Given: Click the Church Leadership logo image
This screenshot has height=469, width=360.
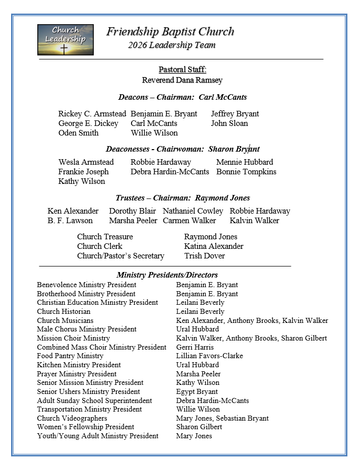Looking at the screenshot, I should pos(66,39).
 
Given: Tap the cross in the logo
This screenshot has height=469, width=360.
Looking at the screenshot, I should pos(64,49).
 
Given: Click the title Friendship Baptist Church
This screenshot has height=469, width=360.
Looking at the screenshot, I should pos(170,32).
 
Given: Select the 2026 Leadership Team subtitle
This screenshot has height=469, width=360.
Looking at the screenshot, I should pos(171,45).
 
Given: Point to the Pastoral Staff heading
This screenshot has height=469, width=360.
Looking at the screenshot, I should pos(182,70).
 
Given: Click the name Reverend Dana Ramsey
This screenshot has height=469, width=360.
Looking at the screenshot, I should pos(182,80).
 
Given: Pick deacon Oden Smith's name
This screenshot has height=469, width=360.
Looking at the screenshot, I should pos(78,133).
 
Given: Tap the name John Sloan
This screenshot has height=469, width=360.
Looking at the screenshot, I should pos(229,123).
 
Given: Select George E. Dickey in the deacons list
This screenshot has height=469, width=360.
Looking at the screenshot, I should pos(88,123).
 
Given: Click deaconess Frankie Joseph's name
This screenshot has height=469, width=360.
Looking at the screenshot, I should pos(83,172).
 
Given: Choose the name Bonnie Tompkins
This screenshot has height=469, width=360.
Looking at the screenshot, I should pos(246,172).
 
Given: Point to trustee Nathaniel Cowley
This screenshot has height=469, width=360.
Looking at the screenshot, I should pos(193,211).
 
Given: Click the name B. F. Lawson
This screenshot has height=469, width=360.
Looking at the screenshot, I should pos(70,221).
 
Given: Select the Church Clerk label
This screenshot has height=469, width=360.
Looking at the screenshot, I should pos(100,246).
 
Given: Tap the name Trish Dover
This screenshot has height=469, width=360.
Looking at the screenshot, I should pos(204,256).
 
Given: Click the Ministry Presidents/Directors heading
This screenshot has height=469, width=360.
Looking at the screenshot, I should pos(167,275).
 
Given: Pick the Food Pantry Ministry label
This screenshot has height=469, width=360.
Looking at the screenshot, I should pos(70,356).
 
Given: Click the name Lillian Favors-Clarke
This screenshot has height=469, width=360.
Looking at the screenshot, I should pos(209,356).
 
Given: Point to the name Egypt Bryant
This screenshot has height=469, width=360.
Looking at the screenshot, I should pos(197,391).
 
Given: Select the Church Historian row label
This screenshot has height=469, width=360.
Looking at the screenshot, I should pos(64,311).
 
